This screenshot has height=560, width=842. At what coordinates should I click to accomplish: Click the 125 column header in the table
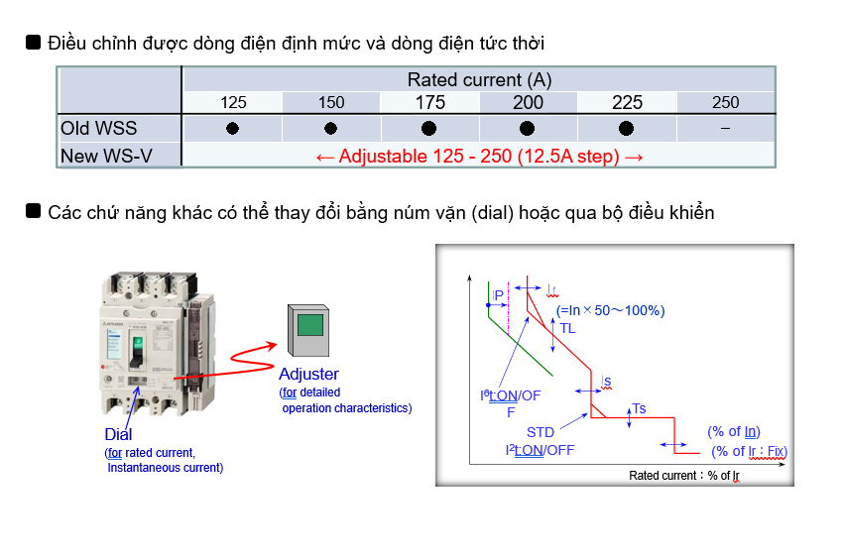[x=234, y=103]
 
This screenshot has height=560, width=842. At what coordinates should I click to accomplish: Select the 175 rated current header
[x=430, y=103]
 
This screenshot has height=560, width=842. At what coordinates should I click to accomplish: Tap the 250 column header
[x=725, y=103]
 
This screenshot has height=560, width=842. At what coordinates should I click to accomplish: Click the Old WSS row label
[x=99, y=129]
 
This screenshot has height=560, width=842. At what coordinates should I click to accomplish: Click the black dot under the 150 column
[x=331, y=129]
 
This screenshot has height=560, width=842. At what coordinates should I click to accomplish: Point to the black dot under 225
[x=626, y=129]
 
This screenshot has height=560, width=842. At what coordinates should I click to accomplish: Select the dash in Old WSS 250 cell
[x=725, y=129]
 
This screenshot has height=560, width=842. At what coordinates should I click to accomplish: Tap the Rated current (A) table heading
[x=479, y=80]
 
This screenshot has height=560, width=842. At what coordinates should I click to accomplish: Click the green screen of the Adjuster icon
[x=311, y=326]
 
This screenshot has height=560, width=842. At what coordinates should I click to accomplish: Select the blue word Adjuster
[x=308, y=374]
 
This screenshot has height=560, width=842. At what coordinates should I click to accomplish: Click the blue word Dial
[x=118, y=434]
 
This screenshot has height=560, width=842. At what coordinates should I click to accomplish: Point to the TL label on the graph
[x=567, y=328]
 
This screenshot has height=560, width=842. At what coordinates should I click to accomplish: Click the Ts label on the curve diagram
[x=639, y=409]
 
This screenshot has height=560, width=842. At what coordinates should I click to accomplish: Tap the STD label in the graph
[x=541, y=432]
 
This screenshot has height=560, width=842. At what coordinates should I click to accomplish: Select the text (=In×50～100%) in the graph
[x=610, y=310]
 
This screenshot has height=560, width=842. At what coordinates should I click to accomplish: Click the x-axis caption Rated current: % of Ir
[x=684, y=476]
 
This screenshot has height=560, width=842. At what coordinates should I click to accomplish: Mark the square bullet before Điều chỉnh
[x=33, y=43]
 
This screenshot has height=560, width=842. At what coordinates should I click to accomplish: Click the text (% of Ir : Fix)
[x=749, y=451]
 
